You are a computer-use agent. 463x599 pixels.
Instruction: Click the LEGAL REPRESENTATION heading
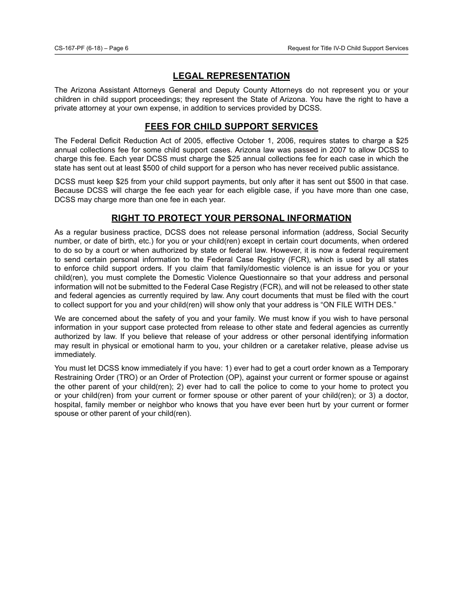[x=231, y=76]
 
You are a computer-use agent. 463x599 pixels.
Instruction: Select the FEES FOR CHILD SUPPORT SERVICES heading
[x=231, y=127]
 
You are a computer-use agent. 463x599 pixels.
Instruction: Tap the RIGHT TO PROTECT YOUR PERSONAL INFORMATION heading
[x=231, y=218]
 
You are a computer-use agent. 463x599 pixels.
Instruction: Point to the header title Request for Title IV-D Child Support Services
[x=347, y=48]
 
